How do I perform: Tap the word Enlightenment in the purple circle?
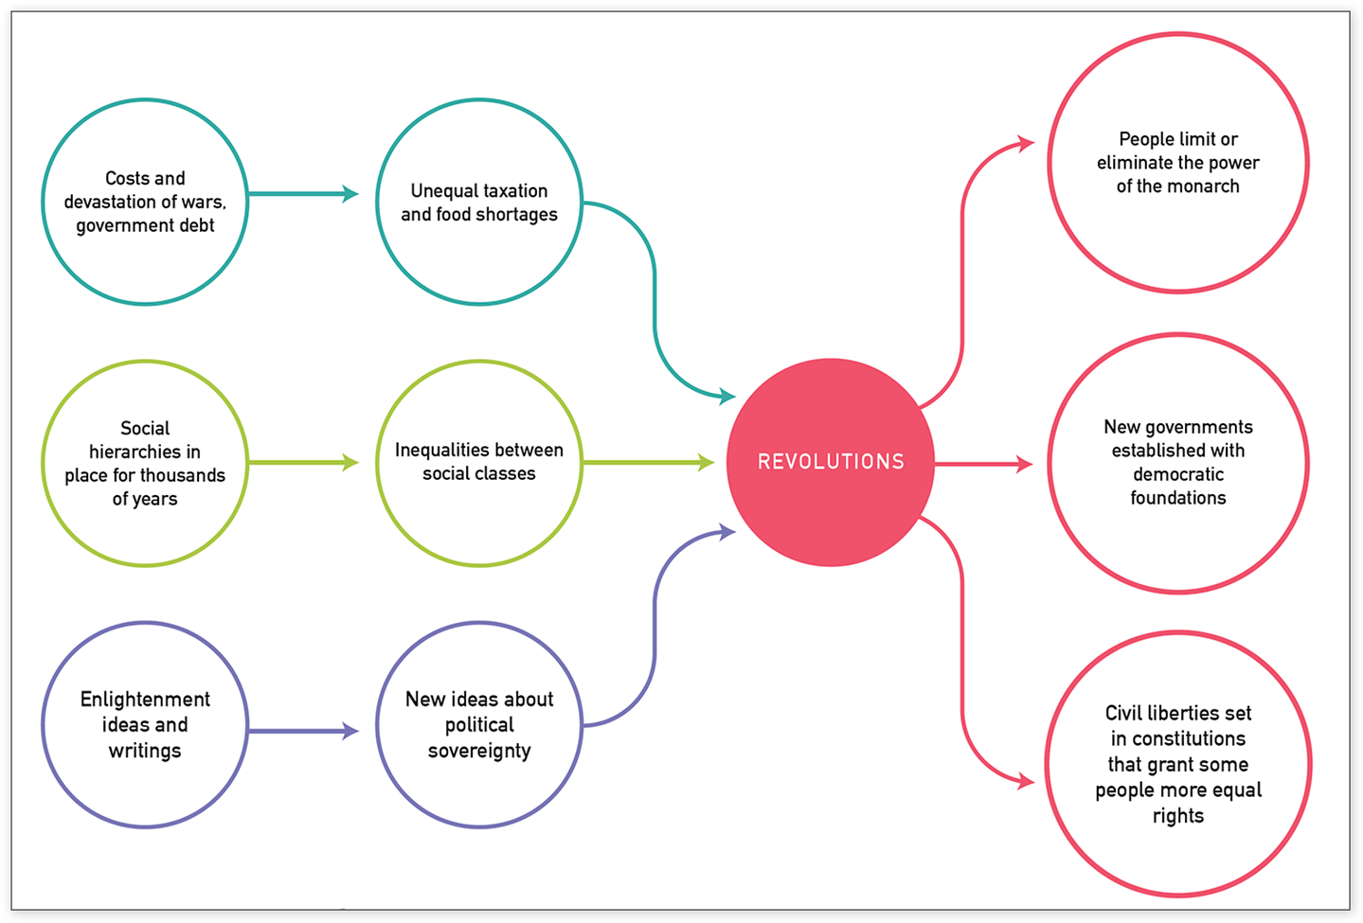click(x=145, y=700)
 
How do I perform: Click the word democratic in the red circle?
click(x=1178, y=474)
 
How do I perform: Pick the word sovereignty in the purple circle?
click(x=479, y=751)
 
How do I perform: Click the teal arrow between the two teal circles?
click(x=303, y=194)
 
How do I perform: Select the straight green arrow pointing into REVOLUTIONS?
click(x=648, y=462)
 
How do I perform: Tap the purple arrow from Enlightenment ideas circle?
click(x=303, y=731)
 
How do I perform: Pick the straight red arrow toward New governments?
click(x=982, y=464)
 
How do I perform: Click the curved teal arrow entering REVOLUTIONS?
click(x=655, y=303)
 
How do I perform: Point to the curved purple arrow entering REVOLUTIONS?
click(x=655, y=625)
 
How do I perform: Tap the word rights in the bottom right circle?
click(x=1178, y=816)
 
